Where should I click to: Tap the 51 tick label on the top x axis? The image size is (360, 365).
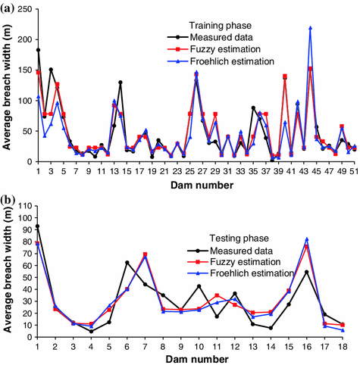coord(354,170)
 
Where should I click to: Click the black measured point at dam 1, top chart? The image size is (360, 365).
coord(39,50)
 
